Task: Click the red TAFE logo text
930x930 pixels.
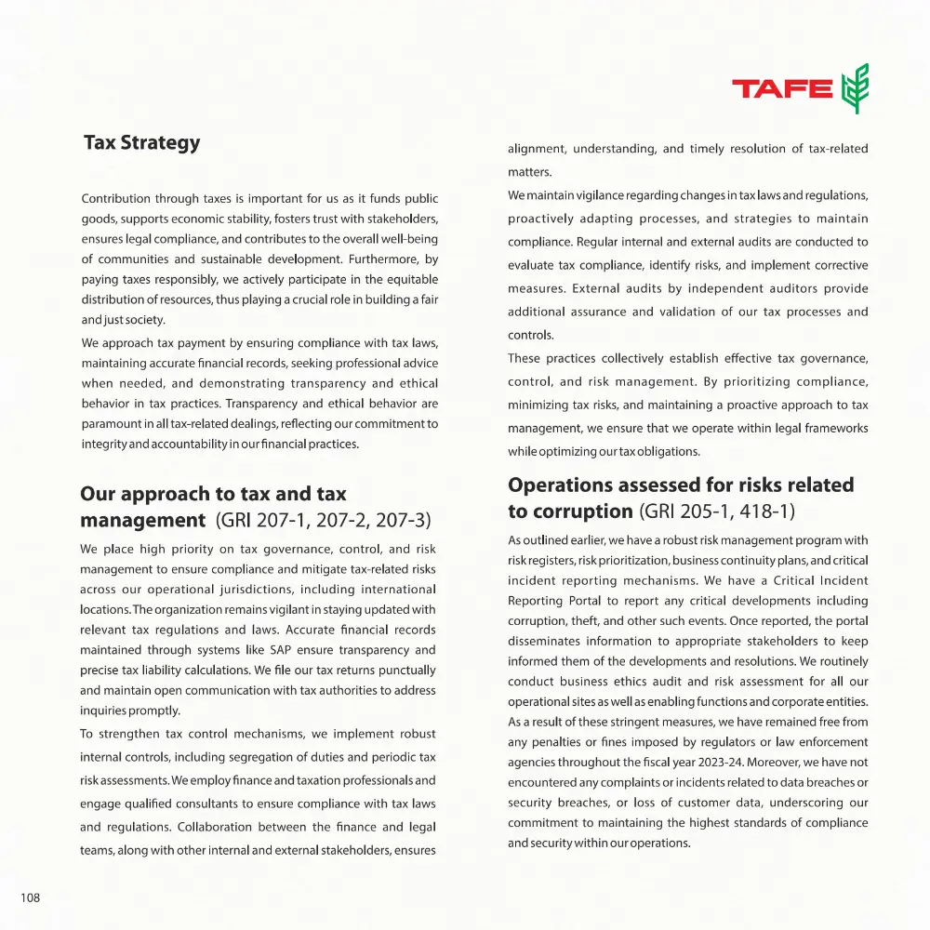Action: coord(782,89)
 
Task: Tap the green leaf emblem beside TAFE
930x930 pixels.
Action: coord(855,88)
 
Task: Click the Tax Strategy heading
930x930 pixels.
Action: coord(141,143)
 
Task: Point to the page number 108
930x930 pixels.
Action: coord(31,897)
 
